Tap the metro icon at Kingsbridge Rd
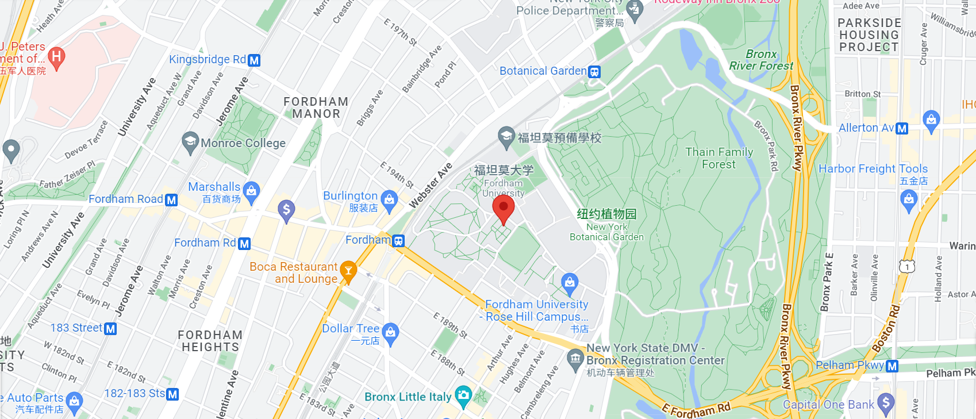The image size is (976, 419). coord(254,60)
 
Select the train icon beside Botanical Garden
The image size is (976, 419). coord(594,72)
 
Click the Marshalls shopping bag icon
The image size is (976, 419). coord(251,190)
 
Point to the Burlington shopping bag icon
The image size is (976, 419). coord(389,199)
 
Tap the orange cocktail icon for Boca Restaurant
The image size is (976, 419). coord(348,270)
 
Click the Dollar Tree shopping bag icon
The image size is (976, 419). coord(390,332)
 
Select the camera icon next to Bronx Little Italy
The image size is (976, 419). coord(463,395)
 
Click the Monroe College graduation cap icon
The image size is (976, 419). coord(190,141)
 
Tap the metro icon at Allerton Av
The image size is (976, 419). coord(902,129)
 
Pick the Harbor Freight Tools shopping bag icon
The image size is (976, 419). coord(909,200)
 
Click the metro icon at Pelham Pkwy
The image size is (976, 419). coord(892,366)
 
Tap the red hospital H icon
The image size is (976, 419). coord(56,56)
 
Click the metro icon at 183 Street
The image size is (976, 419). coord(110,329)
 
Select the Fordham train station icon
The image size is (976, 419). coord(398,241)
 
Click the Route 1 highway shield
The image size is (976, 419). coord(907,266)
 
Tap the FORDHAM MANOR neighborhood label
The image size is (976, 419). coord(316,107)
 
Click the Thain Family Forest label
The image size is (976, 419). coord(719,158)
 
